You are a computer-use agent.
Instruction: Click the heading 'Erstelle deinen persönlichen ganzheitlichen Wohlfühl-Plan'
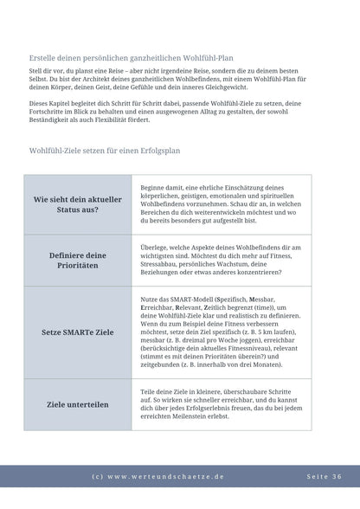(x=139, y=58)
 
